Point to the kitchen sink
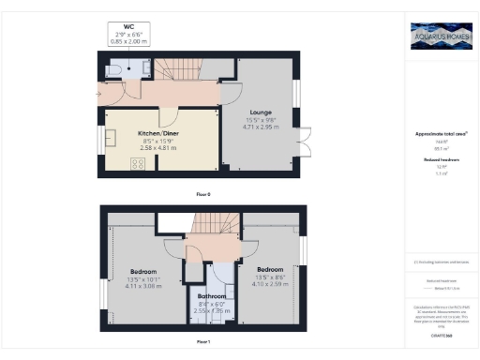click(109, 139)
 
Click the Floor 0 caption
click(203, 193)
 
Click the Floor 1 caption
click(203, 342)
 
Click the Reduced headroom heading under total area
click(440, 160)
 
